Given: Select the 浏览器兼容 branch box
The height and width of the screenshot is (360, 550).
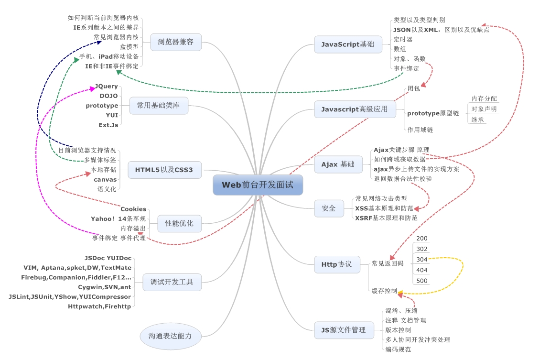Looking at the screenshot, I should [x=175, y=42].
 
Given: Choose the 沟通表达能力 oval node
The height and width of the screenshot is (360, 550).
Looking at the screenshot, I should [x=170, y=336].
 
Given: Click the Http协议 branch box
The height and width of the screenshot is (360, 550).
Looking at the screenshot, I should [x=337, y=264].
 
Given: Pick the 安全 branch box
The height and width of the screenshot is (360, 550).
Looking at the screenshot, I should [x=329, y=208].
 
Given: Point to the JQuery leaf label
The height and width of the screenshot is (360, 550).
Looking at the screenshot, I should [x=106, y=86].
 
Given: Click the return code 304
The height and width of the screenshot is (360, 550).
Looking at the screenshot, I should [x=422, y=259].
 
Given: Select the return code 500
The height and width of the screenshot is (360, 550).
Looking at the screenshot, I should [x=422, y=281].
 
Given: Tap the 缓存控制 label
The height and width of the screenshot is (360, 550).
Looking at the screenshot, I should [x=384, y=291].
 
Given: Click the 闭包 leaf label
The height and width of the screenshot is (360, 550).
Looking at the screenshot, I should [x=414, y=89].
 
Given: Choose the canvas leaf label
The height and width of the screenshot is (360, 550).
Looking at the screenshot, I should [x=105, y=179].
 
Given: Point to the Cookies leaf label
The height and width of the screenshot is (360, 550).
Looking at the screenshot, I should [x=133, y=209].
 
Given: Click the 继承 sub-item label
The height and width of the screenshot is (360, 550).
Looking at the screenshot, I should [x=477, y=119].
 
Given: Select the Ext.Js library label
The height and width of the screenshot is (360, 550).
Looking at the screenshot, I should [x=108, y=124].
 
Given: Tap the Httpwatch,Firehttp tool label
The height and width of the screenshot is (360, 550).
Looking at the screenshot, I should [x=99, y=306].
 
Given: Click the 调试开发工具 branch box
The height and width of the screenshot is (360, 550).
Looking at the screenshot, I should [x=172, y=282].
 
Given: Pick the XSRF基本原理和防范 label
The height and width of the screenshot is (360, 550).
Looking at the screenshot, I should [x=386, y=218].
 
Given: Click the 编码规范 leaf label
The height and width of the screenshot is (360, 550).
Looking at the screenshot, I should [x=398, y=349].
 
